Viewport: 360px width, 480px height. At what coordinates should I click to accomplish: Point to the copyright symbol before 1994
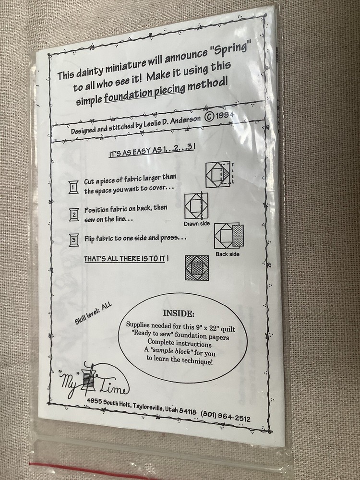click(x=210, y=118)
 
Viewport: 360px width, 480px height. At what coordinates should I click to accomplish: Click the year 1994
click(x=225, y=115)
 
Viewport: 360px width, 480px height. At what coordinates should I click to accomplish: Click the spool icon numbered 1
click(x=73, y=187)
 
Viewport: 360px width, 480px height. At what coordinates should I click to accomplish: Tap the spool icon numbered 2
click(x=74, y=215)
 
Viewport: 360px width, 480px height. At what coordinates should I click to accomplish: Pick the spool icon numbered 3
click(x=74, y=240)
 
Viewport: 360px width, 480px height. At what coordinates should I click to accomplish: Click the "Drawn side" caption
click(x=197, y=224)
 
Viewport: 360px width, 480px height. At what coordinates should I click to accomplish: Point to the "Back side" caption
click(x=228, y=254)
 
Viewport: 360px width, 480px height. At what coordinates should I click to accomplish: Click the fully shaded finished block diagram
click(x=197, y=268)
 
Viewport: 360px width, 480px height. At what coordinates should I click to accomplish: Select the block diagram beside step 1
click(x=219, y=174)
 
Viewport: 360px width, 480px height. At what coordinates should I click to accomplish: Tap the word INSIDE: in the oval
click(x=179, y=313)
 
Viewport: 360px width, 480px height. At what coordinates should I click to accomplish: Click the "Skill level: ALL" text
click(x=94, y=314)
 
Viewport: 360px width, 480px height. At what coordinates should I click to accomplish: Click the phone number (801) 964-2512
click(x=226, y=416)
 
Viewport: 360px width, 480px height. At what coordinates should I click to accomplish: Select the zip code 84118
click(x=188, y=411)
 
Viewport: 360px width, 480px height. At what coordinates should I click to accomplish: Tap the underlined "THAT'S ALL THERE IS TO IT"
click(x=124, y=259)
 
